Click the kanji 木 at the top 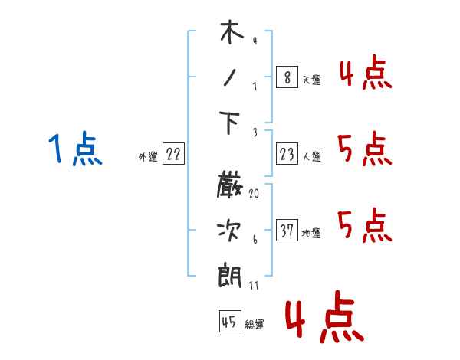[x=230, y=34]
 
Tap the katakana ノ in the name [x=230, y=78]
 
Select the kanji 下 [x=230, y=123]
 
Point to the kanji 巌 [x=230, y=186]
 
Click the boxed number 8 [x=286, y=77]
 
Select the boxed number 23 [x=286, y=155]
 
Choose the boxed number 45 [x=229, y=322]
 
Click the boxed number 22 [x=173, y=155]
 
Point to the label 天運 [x=311, y=80]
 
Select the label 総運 [x=255, y=325]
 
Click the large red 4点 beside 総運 [x=324, y=318]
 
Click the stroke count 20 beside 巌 [x=254, y=194]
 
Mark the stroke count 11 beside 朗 [x=254, y=285]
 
